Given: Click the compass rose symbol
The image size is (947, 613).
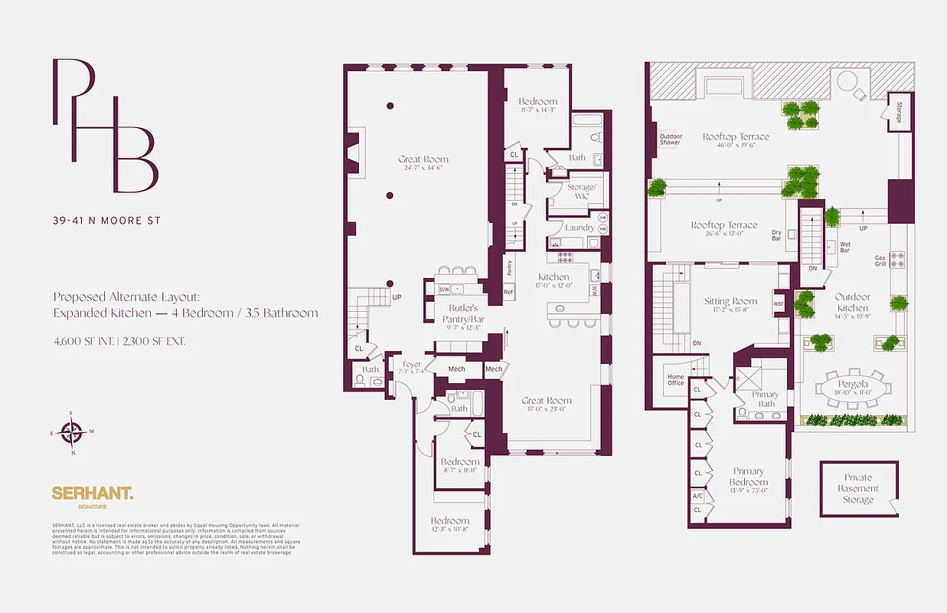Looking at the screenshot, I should coord(71,434).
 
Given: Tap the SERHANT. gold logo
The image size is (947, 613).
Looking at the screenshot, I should coord(92,494).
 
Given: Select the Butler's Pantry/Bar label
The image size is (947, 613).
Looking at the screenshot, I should coord(463,313).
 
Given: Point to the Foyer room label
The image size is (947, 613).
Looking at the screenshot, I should coord(412,366).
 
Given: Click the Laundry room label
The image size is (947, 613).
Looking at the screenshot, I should coord(580,228).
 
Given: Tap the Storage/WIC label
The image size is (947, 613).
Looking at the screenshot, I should coord(580,192).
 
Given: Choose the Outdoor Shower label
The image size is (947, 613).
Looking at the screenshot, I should coord(671,139).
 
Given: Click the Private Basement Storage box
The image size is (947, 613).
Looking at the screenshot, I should coord(857,489).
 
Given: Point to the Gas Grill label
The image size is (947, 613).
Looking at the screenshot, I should coord(880,261).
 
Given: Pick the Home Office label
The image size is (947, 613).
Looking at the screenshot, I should coord(675,379).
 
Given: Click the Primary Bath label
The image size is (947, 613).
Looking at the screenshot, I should coord(766,399).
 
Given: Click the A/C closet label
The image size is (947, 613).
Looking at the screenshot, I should coord(697,496).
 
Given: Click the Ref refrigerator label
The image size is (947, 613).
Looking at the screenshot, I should coord(508,292).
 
